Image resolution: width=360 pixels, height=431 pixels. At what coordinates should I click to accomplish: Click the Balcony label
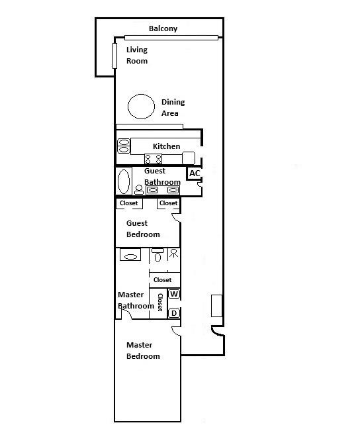(x=163, y=28)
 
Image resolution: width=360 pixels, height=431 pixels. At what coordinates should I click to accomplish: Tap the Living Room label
(x=137, y=56)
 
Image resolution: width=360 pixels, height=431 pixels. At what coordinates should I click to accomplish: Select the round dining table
(x=140, y=107)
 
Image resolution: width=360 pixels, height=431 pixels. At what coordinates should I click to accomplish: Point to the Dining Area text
(x=173, y=108)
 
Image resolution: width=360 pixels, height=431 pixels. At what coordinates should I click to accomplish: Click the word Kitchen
(x=166, y=146)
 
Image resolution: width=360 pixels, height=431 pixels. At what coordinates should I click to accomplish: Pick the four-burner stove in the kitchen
(x=154, y=159)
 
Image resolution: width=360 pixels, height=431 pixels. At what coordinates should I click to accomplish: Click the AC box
(x=195, y=173)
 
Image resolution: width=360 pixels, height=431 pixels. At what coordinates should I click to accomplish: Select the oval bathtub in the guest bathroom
(x=124, y=180)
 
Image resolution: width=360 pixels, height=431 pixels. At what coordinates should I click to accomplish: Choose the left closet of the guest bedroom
(x=129, y=203)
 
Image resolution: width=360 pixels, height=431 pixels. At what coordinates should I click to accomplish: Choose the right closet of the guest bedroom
(x=168, y=203)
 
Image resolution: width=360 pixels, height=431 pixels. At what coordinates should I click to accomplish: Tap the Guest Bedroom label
(x=143, y=229)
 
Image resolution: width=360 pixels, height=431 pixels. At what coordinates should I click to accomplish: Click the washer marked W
(x=175, y=293)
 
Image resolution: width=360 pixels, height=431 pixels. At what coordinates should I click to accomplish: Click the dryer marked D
(x=175, y=313)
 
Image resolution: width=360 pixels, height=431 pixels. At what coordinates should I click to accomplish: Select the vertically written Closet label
(x=159, y=303)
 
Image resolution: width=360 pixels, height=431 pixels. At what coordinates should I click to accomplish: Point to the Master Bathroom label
(x=135, y=301)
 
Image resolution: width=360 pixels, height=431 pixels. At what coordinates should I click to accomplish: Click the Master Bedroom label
(x=143, y=351)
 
